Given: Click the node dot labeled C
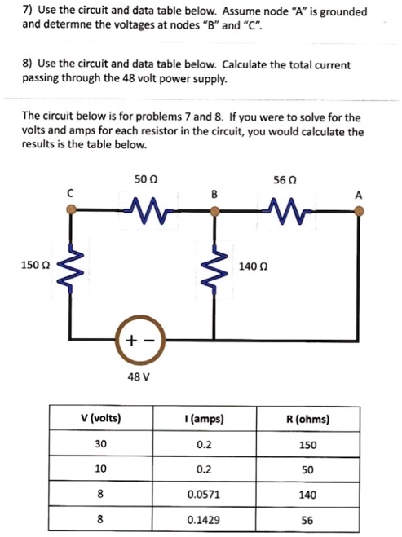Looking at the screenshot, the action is (x=71, y=209).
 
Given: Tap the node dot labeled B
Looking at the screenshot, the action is (x=214, y=211).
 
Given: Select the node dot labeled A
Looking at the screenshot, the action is (x=359, y=211).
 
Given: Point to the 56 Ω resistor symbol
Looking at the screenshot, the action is (x=288, y=211).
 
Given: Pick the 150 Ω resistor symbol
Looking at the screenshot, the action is (x=71, y=268).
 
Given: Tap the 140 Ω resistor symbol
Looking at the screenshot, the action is (x=214, y=269).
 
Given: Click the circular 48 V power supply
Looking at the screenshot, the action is (x=140, y=340).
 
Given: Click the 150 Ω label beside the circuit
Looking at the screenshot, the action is (x=36, y=265).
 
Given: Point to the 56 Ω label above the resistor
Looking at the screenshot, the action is (x=285, y=180).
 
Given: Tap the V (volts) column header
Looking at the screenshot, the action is (x=101, y=418).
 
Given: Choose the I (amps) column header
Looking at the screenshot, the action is (x=204, y=419).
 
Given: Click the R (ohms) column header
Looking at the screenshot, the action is (x=307, y=419).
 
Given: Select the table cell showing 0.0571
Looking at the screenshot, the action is (x=204, y=494).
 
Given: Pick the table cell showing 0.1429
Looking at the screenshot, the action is (x=204, y=520).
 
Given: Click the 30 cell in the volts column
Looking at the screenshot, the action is (x=101, y=444).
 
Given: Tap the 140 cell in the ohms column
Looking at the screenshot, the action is (x=307, y=495).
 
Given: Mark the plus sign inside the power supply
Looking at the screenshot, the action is (x=131, y=340).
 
